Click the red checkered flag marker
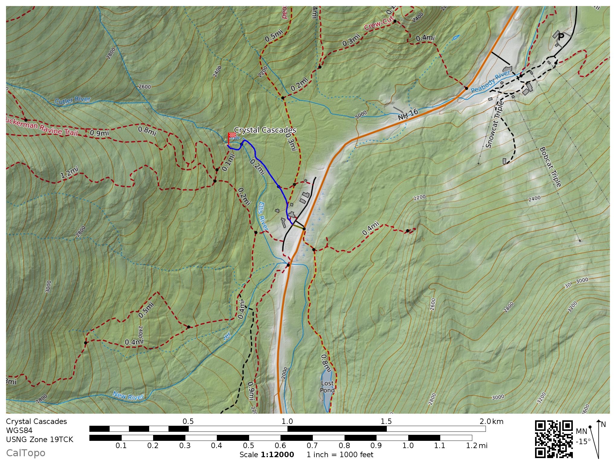(x=232, y=136)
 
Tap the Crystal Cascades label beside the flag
(x=265, y=130)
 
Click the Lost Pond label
(x=327, y=387)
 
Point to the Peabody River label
(x=490, y=81)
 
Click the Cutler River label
(x=72, y=100)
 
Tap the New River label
(x=128, y=396)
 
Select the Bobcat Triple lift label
(x=550, y=167)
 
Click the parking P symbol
(x=561, y=37)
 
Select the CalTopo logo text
(x=26, y=453)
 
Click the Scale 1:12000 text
(x=267, y=455)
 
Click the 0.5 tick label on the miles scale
(x=248, y=445)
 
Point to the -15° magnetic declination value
(x=583, y=442)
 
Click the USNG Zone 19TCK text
(x=40, y=439)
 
